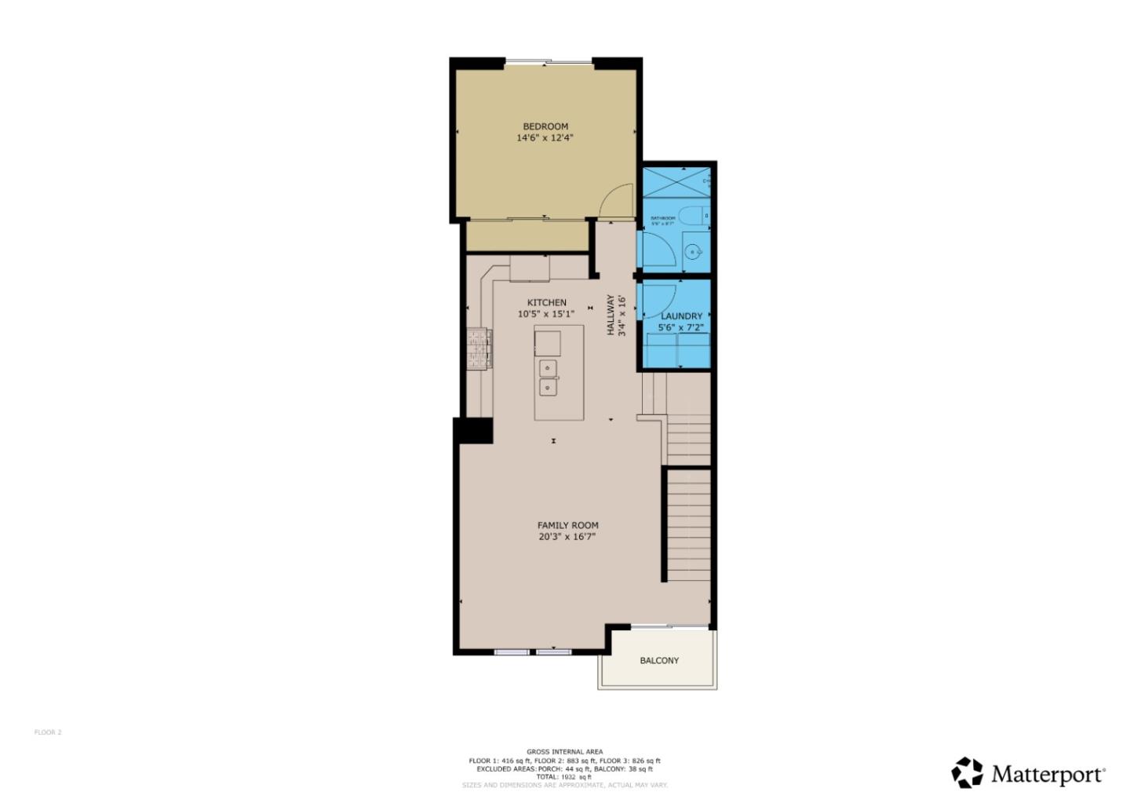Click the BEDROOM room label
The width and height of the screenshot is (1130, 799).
545,126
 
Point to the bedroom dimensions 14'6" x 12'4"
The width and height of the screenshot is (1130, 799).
545,138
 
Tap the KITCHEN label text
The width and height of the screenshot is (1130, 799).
546,303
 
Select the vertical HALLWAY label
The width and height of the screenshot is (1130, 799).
610,316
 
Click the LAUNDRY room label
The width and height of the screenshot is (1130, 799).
681,316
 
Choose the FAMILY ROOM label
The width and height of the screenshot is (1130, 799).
567,526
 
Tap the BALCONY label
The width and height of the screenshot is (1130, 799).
659,661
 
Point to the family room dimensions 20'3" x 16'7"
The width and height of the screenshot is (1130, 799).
567,538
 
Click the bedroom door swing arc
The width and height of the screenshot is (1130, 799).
618,200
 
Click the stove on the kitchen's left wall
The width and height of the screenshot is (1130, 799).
479,348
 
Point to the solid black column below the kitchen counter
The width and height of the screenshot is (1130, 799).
473,431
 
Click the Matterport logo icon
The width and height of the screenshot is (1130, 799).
967,773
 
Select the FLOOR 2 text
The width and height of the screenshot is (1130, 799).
48,732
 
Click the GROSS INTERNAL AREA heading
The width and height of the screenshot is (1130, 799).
565,752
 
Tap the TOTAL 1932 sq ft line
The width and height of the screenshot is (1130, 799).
565,777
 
